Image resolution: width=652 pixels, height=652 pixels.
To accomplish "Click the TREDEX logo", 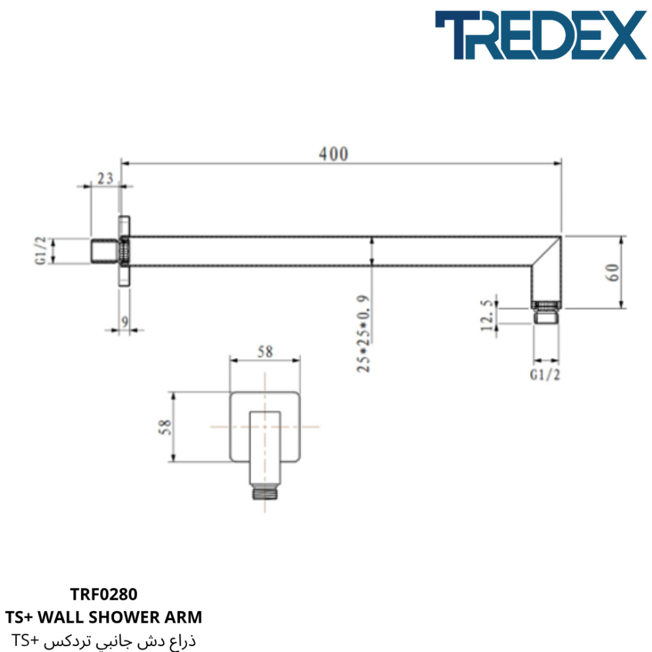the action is (541, 35).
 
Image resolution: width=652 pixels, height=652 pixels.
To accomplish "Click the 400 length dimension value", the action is (333, 155).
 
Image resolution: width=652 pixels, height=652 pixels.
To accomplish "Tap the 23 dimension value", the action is (105, 179).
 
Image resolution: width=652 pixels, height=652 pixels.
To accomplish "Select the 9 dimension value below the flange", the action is (125, 321).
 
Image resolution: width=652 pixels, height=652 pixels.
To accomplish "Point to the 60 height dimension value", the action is (612, 273).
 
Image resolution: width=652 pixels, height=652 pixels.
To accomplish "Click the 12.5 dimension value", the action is (487, 316).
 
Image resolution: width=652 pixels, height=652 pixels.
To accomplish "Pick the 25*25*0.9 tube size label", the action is (363, 334).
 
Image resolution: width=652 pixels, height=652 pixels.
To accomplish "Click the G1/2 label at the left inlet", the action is (40, 251).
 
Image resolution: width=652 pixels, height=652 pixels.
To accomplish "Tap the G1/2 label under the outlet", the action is (544, 375).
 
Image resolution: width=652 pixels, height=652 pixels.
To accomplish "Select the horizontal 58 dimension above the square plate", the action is (265, 352).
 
